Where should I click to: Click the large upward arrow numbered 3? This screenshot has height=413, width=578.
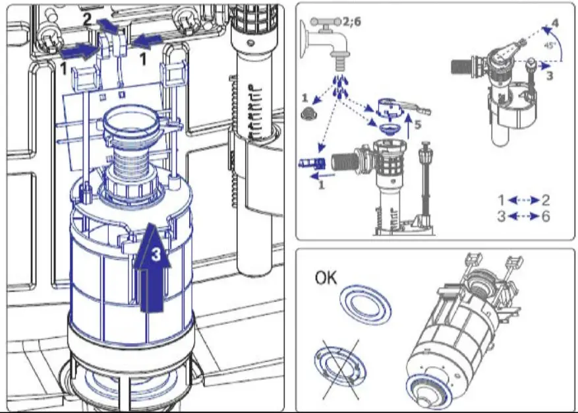click(152, 267)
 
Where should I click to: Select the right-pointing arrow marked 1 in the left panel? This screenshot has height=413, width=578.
click(78, 50)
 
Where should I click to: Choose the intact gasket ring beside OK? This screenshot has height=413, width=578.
click(365, 305)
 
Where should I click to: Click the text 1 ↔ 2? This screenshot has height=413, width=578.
click(523, 200)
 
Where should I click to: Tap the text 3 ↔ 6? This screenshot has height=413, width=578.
click(523, 216)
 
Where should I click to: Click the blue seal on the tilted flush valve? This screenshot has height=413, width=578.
click(430, 389)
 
